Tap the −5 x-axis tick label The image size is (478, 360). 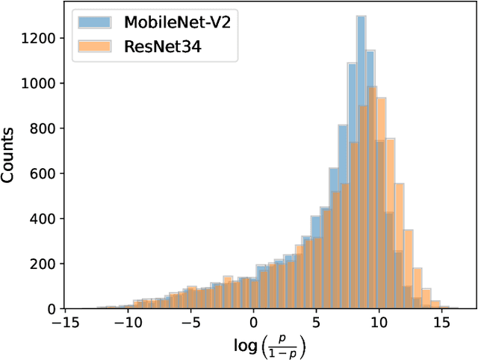click(190, 323)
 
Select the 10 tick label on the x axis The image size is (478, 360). click(379, 323)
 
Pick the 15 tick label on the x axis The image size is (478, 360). click(441, 323)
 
